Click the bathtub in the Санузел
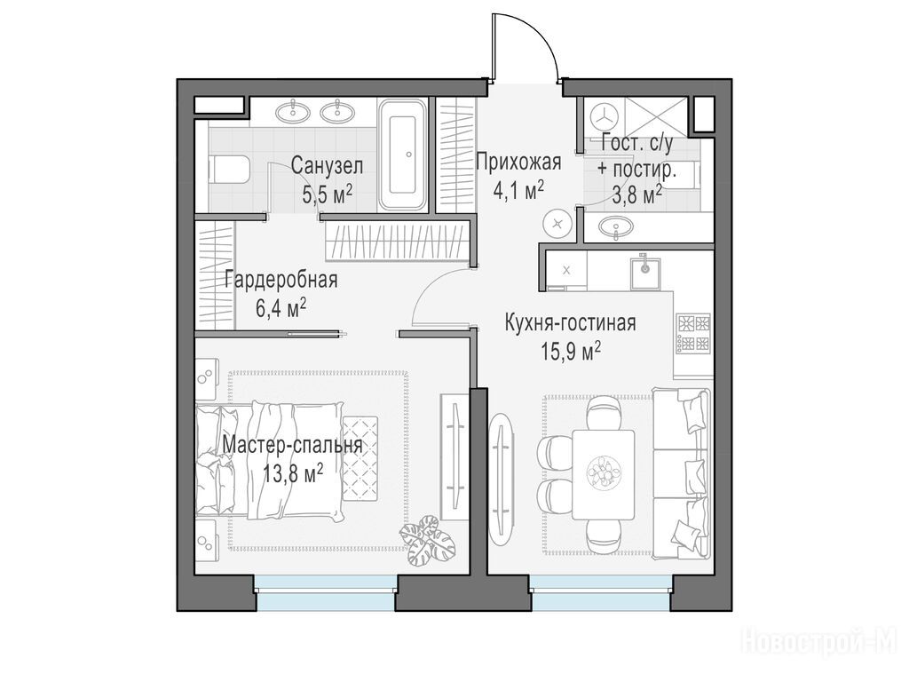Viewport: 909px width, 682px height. pyautogui.click(x=403, y=154)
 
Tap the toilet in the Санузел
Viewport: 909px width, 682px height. pyautogui.click(x=229, y=170)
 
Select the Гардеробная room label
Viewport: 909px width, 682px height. pyautogui.click(x=281, y=280)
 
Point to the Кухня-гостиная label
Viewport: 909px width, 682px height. pyautogui.click(x=571, y=323)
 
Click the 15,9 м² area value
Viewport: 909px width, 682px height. pyautogui.click(x=571, y=351)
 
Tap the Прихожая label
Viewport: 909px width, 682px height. pyautogui.click(x=518, y=163)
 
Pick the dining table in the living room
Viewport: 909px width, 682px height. pyautogui.click(x=603, y=475)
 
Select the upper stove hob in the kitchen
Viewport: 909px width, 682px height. pyautogui.click(x=693, y=322)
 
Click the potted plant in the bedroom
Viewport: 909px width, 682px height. pyautogui.click(x=427, y=539)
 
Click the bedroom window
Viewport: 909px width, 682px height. pyautogui.click(x=326, y=592)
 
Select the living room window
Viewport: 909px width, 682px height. pyautogui.click(x=601, y=592)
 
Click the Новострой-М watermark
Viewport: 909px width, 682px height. pyautogui.click(x=823, y=643)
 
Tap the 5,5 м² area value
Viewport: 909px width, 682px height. pyautogui.click(x=328, y=193)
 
